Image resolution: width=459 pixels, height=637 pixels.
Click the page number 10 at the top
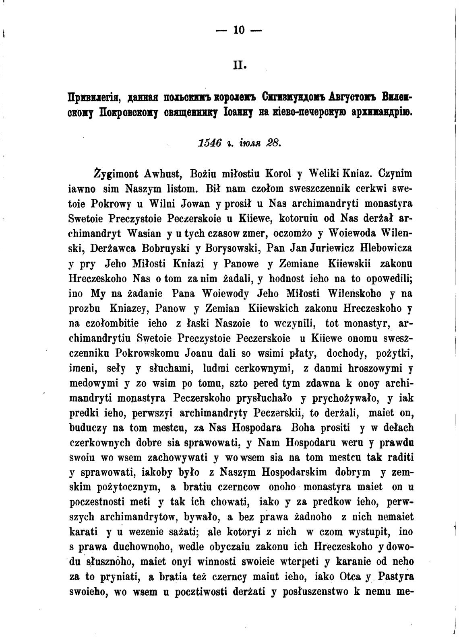click(x=239, y=31)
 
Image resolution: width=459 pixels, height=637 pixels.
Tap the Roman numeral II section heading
click(x=240, y=65)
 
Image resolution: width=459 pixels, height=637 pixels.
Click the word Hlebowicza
click(x=386, y=249)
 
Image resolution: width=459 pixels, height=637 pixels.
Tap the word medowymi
click(x=93, y=384)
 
